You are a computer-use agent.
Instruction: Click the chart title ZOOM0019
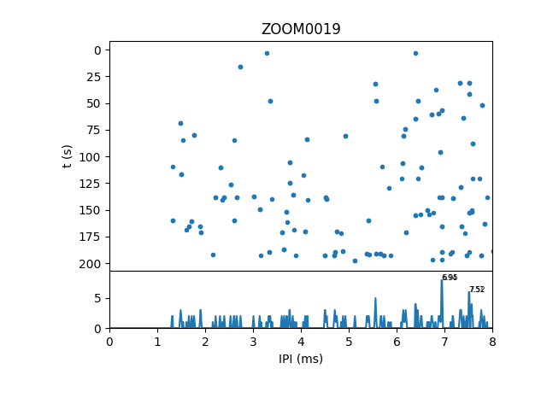[301, 29]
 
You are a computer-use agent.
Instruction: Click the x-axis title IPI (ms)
[301, 359]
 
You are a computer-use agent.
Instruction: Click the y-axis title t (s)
[68, 155]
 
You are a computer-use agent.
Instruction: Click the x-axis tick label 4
[301, 342]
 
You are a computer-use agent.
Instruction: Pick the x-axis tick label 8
[492, 342]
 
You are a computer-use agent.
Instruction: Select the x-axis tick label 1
[157, 342]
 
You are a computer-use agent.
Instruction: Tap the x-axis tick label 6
[397, 342]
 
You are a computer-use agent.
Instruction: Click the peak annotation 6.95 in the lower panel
[450, 278]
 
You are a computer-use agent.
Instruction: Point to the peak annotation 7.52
[477, 290]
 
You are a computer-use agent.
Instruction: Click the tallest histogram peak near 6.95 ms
[442, 281]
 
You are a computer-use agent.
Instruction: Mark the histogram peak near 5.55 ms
[375, 298]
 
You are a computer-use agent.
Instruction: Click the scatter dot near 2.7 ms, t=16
[240, 67]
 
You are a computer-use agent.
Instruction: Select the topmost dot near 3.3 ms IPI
[267, 53]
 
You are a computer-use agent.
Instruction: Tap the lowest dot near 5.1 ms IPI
[355, 261]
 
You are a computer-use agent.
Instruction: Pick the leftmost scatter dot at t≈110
[173, 167]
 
